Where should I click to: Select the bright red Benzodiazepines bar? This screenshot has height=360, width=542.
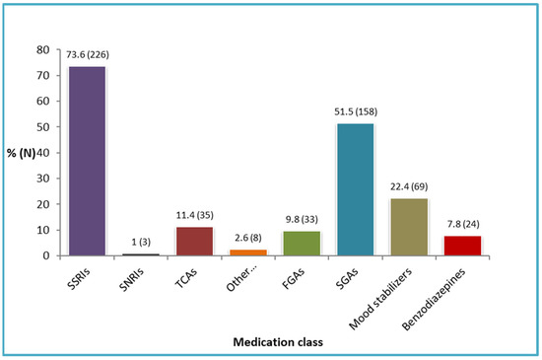pyautogui.click(x=463, y=246)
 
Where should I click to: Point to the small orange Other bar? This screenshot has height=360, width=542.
pyautogui.click(x=247, y=252)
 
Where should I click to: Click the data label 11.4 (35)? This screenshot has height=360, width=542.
pyautogui.click(x=194, y=216)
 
